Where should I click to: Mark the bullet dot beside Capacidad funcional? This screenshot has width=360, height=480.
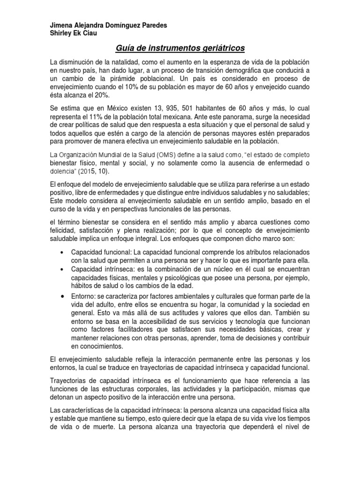63,252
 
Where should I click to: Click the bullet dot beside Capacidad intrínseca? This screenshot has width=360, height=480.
63,269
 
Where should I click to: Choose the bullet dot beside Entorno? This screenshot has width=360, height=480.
63,297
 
